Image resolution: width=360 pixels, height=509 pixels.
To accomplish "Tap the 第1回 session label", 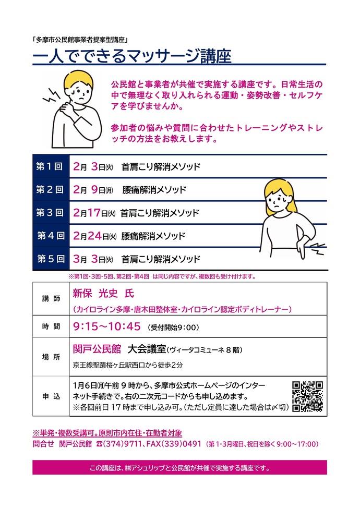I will point(50,167).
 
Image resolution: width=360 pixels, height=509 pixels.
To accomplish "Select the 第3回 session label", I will point(50,213).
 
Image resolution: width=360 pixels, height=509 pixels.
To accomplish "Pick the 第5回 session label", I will point(50,259).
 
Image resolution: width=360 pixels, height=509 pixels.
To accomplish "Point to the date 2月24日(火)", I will point(94,236).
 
